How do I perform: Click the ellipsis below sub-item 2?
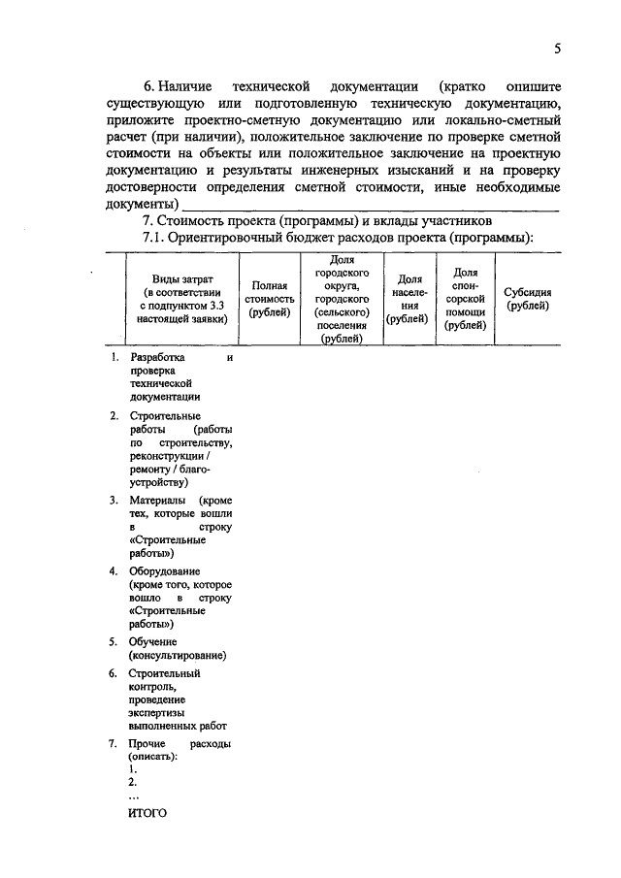[134, 795]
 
